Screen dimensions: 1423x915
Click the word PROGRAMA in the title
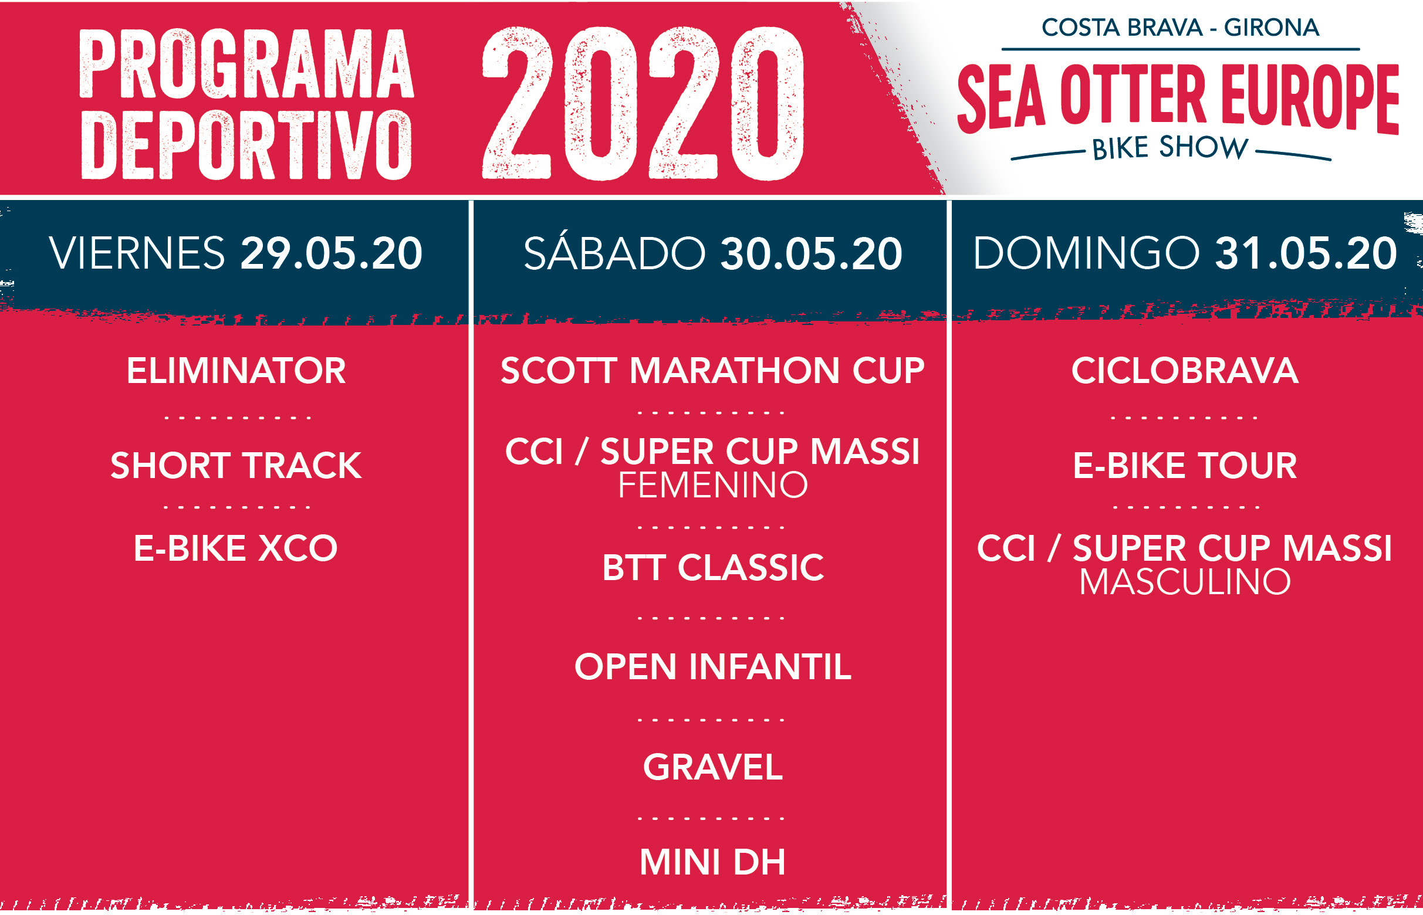246,63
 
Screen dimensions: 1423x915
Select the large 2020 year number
643,103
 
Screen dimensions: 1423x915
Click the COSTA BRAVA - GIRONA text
1181,28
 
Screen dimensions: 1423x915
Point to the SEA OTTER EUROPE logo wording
1178,97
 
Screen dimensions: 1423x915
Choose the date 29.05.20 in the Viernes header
331,254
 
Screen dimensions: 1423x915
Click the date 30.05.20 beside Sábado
812,255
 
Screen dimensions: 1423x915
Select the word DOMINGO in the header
1086,254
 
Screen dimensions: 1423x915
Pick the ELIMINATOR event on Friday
236,371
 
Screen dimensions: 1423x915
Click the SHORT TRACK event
236,465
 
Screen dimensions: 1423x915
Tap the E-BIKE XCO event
235,548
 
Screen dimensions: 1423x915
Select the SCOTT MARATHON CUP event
712,371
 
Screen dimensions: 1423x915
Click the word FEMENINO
713,486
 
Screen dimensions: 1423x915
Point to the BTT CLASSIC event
713,567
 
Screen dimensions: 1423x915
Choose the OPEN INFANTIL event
713,667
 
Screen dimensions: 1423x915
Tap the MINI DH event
712,862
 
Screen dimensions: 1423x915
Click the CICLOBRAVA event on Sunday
1185,371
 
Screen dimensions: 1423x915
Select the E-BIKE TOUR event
1185,465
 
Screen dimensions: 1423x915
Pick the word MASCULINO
1185,582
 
